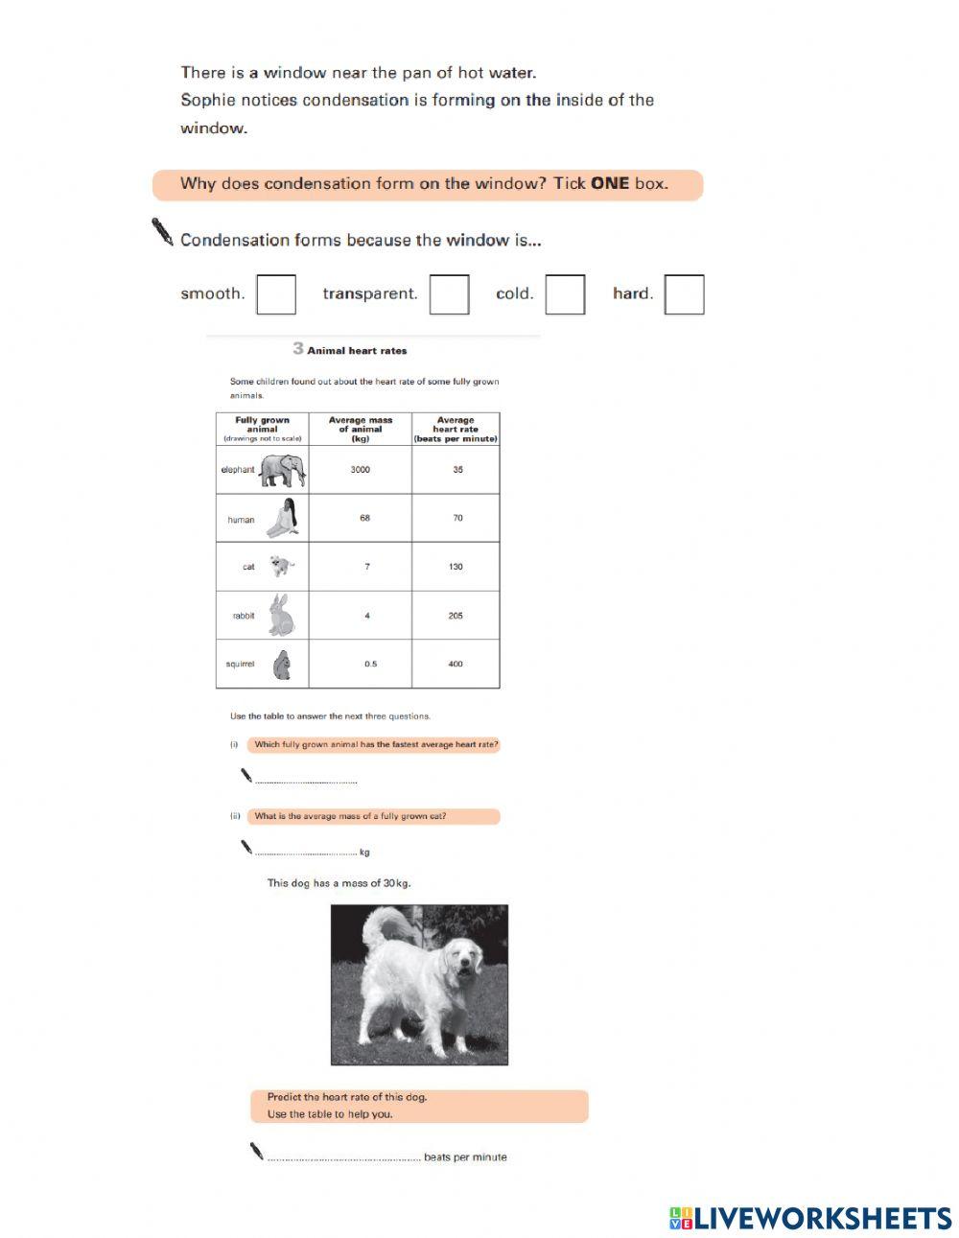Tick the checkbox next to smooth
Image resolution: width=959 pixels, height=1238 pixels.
(x=276, y=294)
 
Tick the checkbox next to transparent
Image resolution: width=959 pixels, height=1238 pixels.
(x=449, y=294)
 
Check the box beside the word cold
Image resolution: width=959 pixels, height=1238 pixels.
(x=565, y=294)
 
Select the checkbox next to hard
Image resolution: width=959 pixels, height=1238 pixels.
(x=684, y=294)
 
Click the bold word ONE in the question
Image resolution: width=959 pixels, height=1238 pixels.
(x=610, y=183)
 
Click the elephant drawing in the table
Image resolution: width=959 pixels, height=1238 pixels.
(x=283, y=470)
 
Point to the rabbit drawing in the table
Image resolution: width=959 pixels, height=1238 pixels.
(x=281, y=615)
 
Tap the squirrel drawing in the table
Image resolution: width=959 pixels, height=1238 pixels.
(x=281, y=665)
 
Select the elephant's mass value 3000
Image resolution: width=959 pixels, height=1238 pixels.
(x=360, y=470)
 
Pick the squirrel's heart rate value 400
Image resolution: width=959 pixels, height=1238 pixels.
(x=456, y=664)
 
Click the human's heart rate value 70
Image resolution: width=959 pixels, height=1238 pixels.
(x=457, y=518)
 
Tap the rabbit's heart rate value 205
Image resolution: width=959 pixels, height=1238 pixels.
(x=456, y=616)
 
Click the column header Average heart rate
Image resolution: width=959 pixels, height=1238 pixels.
(x=456, y=429)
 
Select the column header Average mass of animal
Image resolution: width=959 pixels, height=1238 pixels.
(x=360, y=429)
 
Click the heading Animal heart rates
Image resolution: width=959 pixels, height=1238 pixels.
(x=357, y=351)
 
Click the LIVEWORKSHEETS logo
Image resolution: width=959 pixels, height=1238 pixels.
(x=810, y=1218)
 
